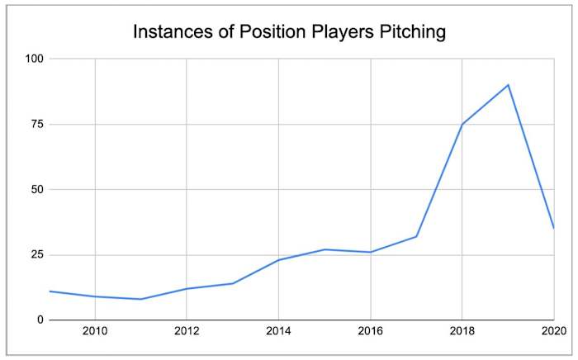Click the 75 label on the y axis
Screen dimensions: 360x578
point(35,124)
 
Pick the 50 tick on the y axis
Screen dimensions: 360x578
point(35,189)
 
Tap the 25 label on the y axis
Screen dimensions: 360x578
point(35,254)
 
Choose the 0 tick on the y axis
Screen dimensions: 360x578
point(38,320)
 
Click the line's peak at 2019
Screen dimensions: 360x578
point(508,84)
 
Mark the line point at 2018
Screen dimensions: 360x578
point(462,124)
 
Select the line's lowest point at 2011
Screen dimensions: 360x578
point(141,299)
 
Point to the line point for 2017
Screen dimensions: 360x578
point(416,236)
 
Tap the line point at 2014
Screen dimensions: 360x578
point(278,260)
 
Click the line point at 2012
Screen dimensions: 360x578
point(187,288)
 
